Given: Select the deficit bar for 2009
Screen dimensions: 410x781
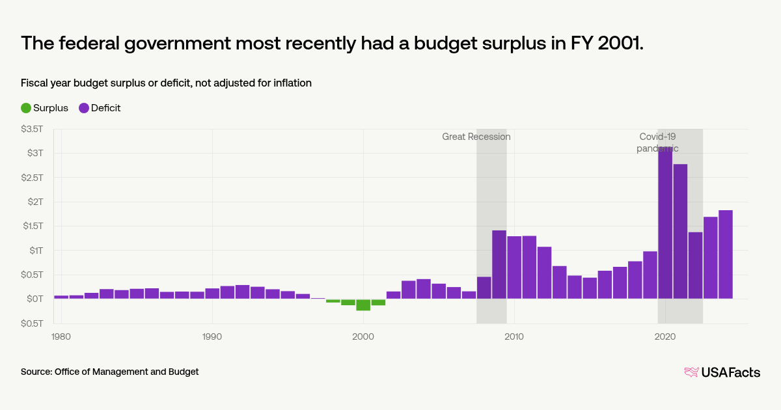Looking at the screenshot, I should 499,264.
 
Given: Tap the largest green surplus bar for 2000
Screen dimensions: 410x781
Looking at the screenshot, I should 363,305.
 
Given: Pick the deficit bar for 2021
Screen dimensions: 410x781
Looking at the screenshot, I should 680,231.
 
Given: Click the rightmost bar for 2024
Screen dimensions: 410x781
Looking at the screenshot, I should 725,254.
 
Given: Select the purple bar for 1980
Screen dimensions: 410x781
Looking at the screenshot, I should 61,297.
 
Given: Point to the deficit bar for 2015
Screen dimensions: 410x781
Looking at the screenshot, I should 590,288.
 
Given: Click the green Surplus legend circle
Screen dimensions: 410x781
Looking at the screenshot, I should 26,108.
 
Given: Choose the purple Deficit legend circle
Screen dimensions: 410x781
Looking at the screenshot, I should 84,108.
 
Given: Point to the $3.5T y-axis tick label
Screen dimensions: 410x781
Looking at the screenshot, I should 32,129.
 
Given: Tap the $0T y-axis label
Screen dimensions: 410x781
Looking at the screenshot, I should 34,299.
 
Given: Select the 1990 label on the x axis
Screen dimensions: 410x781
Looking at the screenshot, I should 212,336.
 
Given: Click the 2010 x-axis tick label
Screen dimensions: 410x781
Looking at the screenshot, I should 514,336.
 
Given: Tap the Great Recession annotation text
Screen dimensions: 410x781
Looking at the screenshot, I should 476,137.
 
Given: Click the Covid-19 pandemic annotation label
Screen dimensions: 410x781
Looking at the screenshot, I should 657,143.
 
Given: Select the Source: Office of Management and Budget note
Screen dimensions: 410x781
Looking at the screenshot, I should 109,372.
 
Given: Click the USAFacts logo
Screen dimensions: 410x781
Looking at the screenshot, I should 722,372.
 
